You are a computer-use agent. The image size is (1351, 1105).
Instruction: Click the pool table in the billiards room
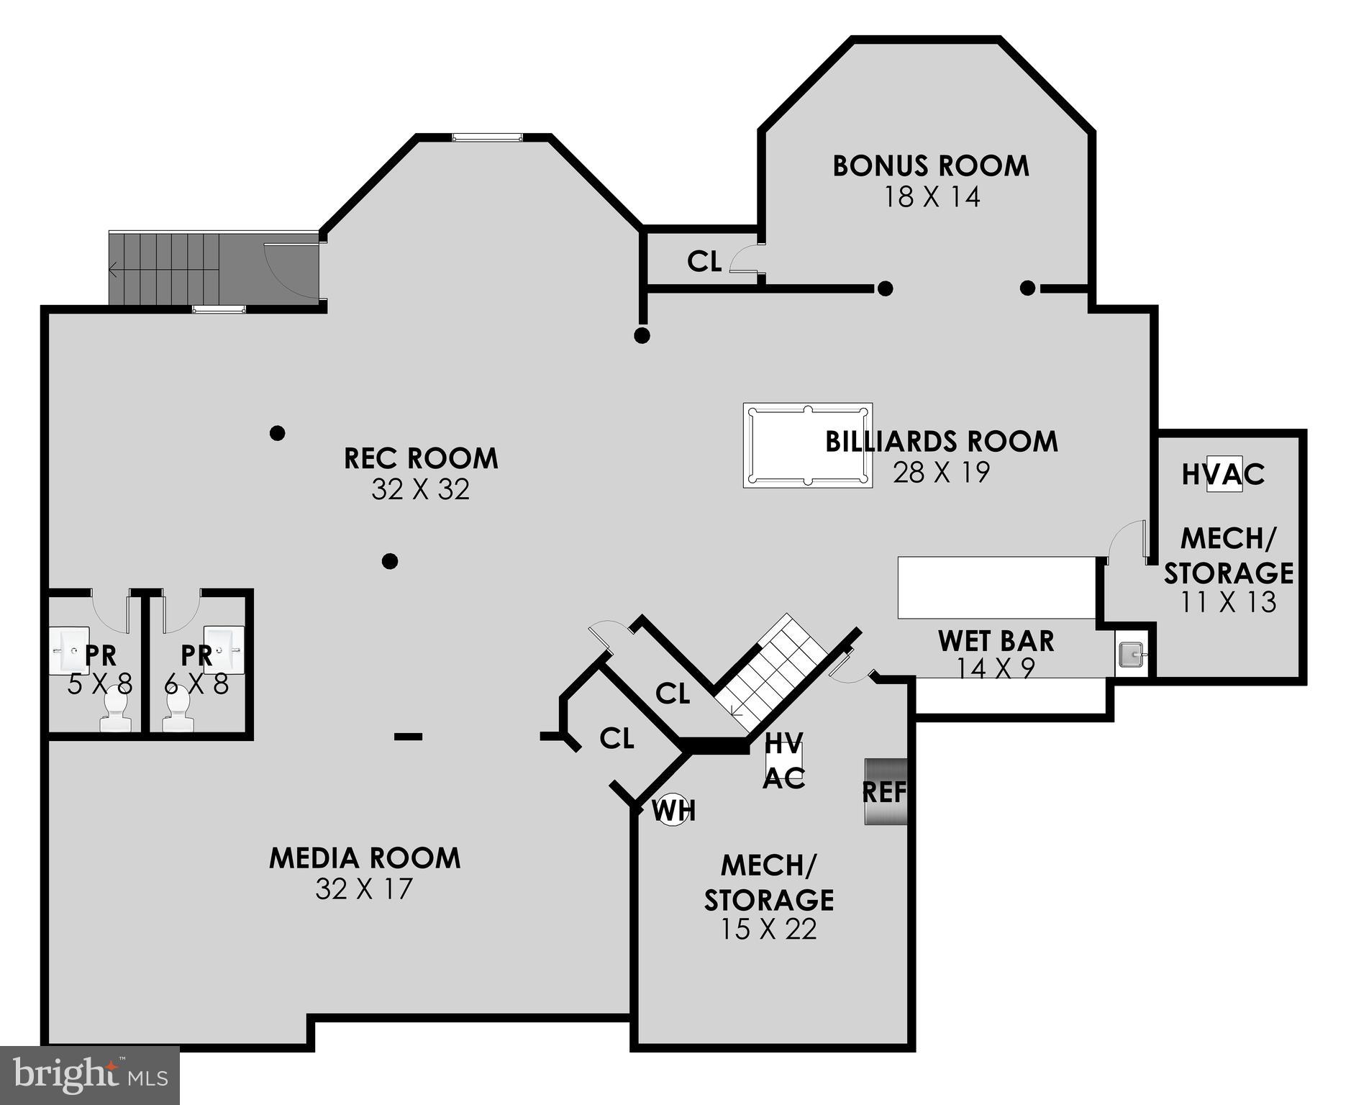tap(807, 445)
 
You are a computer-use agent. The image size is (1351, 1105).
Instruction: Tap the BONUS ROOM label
tap(931, 166)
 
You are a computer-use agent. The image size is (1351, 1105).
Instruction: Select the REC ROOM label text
tap(421, 458)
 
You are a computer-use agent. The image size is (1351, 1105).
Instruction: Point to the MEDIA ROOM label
tap(365, 858)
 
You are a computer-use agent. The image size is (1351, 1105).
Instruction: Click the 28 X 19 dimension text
tap(941, 473)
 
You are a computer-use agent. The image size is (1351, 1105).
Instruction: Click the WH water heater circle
tap(674, 810)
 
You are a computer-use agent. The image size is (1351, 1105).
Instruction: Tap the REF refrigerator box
tap(884, 791)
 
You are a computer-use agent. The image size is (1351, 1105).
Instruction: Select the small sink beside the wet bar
tap(1131, 654)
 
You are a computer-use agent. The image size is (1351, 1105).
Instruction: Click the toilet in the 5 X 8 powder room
tap(115, 711)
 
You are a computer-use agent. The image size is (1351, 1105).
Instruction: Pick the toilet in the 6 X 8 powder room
tap(177, 711)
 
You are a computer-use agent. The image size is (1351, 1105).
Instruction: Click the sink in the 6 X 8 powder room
tap(224, 649)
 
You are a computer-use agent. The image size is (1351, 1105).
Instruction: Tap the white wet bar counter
tap(996, 587)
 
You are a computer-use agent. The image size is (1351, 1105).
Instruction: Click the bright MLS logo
tap(89, 1076)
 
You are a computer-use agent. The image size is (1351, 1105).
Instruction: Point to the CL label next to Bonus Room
tap(704, 262)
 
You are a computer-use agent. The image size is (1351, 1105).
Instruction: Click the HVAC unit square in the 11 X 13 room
tap(1224, 474)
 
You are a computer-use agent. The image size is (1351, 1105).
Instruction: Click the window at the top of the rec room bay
tap(487, 137)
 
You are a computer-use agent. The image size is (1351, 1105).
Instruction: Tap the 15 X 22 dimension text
tap(768, 929)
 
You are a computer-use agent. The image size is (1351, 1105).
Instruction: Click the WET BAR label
tap(996, 641)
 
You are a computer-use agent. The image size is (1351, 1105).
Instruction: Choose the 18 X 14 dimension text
tap(931, 197)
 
